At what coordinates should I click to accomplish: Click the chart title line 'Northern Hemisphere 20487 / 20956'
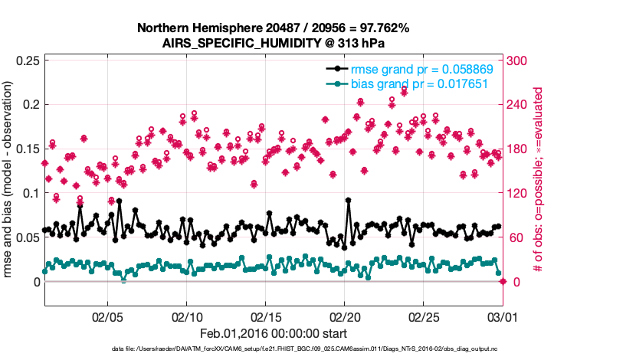coord(273,28)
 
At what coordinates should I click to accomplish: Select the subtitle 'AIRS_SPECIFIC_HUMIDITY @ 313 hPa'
coord(273,43)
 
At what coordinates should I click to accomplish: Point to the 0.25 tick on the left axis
coord(26,61)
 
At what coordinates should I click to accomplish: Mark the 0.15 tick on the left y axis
coord(26,149)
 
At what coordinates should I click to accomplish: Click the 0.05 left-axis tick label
coord(26,237)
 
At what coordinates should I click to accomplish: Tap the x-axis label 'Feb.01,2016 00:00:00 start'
coord(274,334)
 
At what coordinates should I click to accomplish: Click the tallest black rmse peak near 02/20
coord(349,200)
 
